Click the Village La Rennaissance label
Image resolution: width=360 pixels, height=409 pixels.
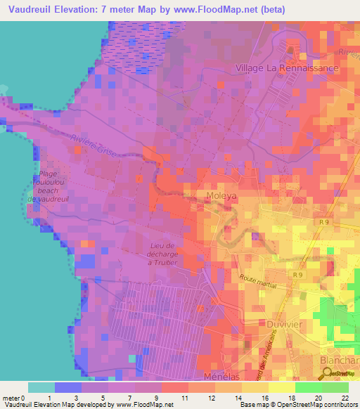[x=287, y=68]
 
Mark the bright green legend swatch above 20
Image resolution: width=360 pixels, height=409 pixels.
[x=308, y=387]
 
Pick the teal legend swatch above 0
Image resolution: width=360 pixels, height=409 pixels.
[x=41, y=387]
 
